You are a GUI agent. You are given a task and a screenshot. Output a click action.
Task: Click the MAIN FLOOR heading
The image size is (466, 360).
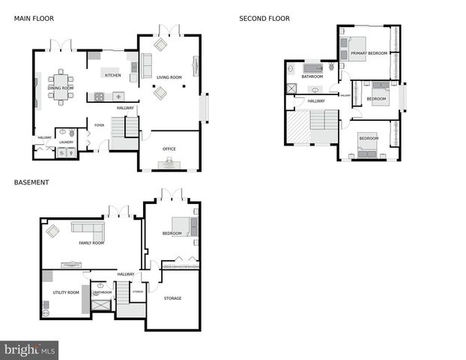34,18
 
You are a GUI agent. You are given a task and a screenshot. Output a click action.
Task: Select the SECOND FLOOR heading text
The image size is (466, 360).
264,18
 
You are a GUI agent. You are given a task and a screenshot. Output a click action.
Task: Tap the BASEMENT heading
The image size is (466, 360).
31,181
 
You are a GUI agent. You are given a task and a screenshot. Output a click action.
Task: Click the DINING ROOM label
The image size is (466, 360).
61,88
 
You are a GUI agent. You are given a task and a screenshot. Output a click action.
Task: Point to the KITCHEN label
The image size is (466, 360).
112,75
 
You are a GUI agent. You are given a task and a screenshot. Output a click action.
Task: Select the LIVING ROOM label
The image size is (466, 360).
169,77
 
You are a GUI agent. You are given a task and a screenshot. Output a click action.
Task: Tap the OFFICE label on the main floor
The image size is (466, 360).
169,148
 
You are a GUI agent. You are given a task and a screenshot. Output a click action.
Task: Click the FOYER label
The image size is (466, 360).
99,125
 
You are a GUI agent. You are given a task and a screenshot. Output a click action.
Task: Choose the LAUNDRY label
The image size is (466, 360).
66,142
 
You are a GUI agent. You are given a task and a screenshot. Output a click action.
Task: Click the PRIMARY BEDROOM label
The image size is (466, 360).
369,53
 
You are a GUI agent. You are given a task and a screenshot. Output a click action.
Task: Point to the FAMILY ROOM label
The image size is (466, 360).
91,243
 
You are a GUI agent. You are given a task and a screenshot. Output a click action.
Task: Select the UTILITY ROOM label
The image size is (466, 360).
66,292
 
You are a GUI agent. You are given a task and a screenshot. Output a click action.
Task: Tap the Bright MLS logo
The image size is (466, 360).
29,349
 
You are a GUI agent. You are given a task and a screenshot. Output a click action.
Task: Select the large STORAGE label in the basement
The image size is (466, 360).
172,298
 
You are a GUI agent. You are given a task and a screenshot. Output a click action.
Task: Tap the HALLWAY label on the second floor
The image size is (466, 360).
316,100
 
